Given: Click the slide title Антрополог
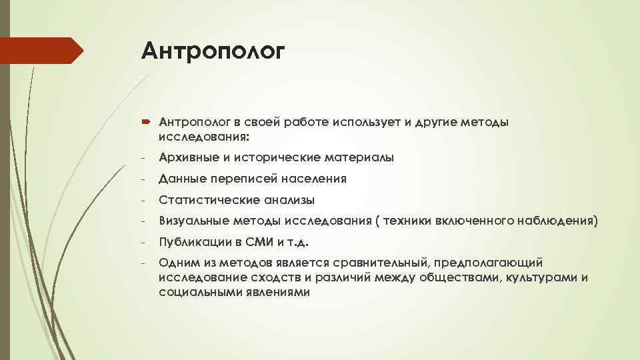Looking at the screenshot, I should (213, 51).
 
